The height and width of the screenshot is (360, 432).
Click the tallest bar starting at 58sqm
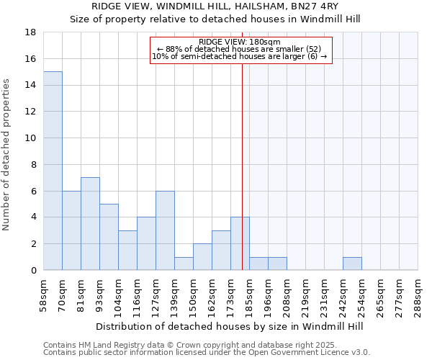point(53,171)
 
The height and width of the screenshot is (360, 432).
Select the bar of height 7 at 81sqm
point(90,224)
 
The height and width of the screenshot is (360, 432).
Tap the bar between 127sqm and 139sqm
point(165,230)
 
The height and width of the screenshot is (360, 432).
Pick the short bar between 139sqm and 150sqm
point(184,264)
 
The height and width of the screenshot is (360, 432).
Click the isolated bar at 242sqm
point(352,264)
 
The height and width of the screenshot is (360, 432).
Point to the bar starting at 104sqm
point(127,251)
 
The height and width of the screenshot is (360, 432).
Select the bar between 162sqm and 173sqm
point(221,251)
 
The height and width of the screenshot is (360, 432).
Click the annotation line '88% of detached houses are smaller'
point(241,49)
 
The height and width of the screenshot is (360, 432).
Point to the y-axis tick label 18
point(30,32)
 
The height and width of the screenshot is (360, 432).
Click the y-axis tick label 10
point(30,138)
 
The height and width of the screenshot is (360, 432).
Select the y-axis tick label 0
point(33,271)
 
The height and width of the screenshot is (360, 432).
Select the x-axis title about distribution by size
point(230,326)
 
